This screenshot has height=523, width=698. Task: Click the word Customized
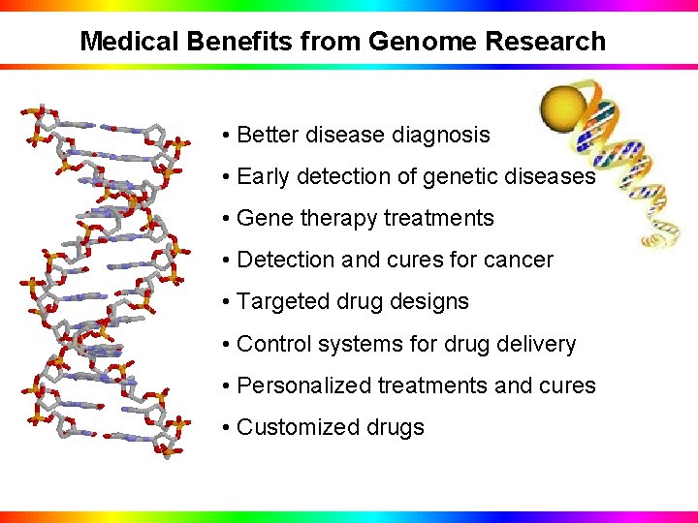coord(290,427)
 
